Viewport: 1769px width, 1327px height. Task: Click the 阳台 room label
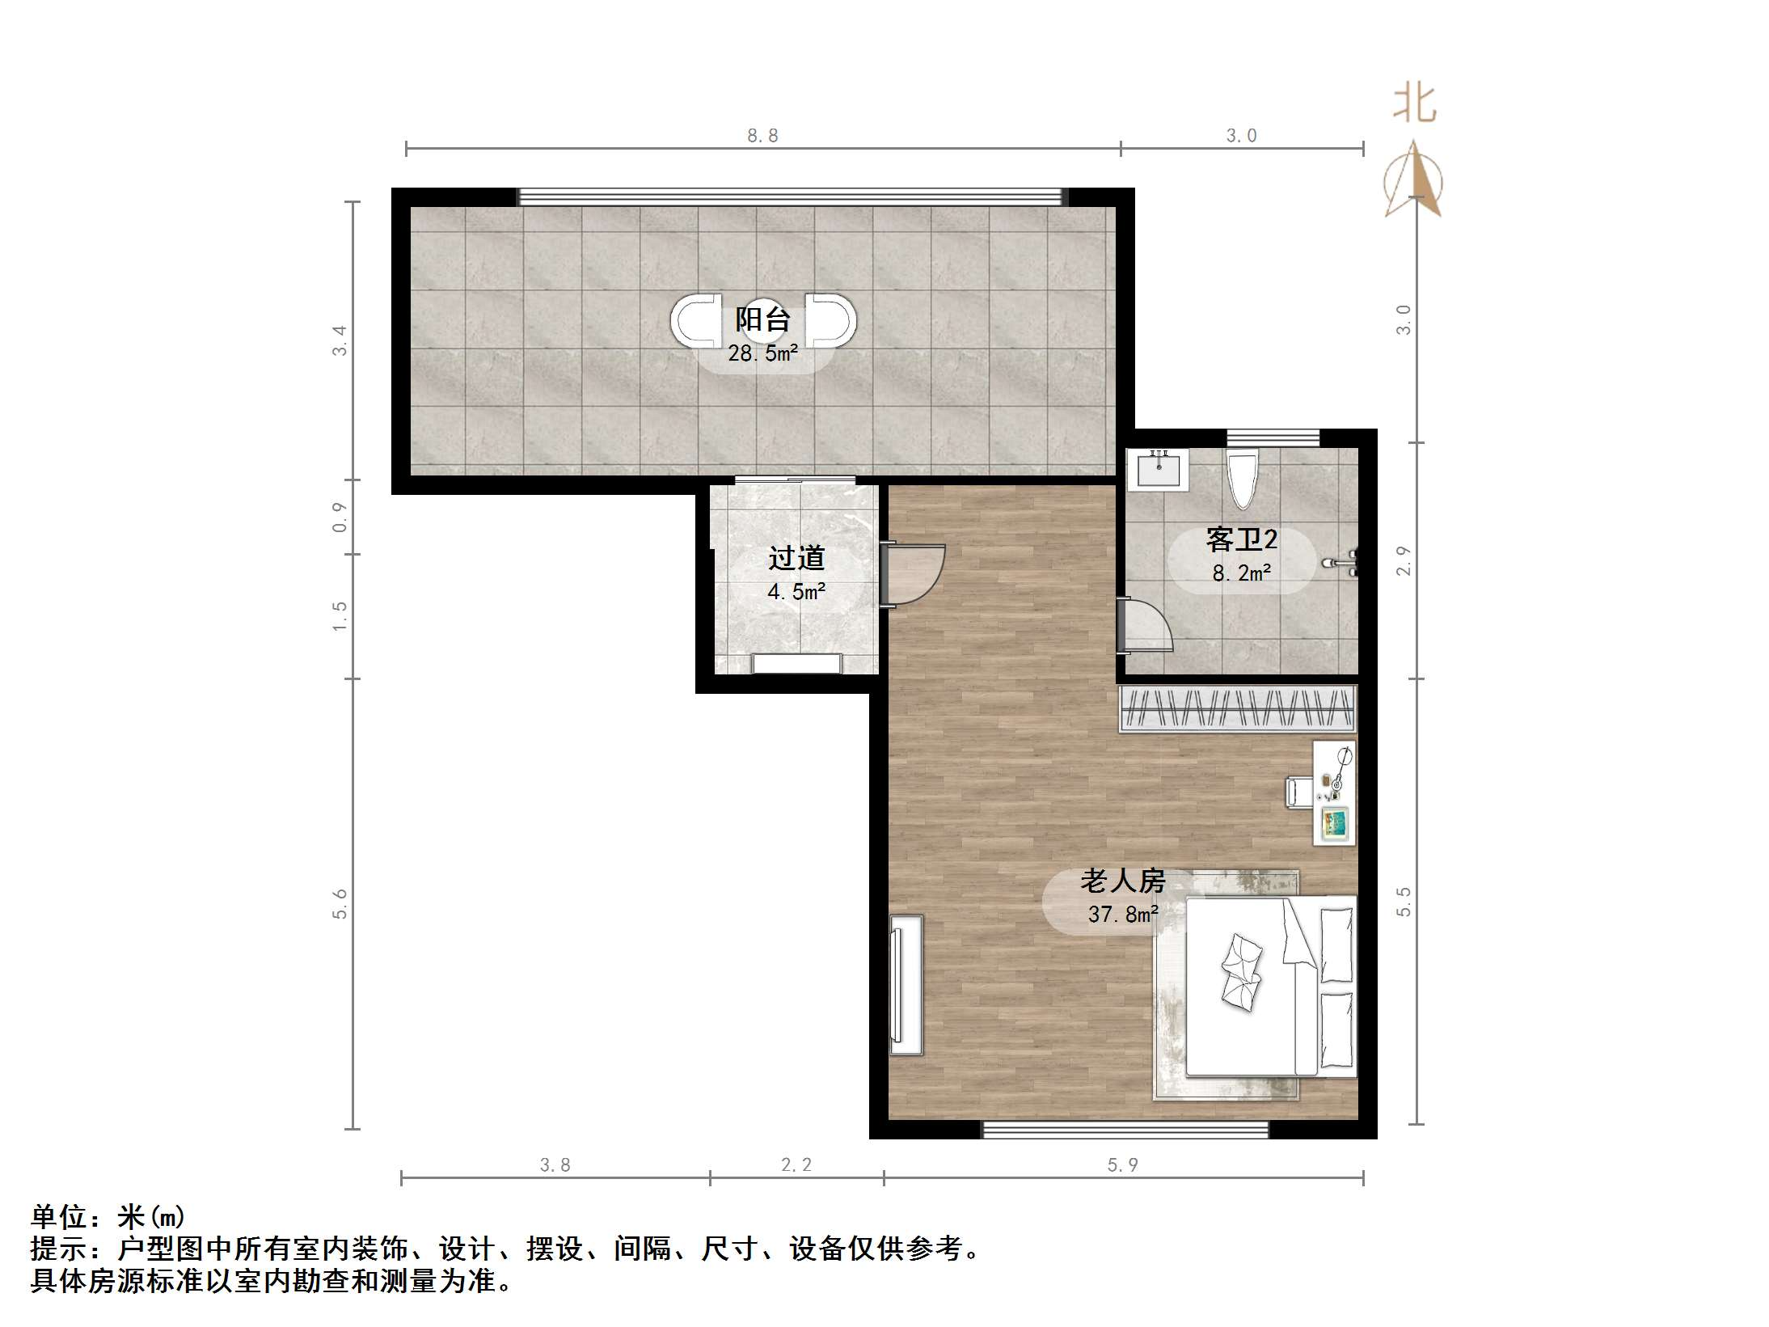762,319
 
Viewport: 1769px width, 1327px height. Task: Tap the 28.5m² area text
762,353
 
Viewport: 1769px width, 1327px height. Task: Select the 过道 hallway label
796,558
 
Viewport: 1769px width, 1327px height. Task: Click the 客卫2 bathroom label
1241,539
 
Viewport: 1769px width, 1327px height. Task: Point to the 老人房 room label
1123,881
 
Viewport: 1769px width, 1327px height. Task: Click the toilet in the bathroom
1242,478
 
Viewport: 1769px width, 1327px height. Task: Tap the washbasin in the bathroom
1158,470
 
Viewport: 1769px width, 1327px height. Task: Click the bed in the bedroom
1269,986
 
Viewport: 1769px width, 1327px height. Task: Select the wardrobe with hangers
1236,708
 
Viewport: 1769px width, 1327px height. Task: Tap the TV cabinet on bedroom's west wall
906,984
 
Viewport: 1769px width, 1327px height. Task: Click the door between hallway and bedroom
914,574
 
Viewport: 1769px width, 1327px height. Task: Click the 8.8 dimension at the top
762,136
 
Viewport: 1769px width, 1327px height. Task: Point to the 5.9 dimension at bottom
1122,1164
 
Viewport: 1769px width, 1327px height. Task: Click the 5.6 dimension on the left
340,903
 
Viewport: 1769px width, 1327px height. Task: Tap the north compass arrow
1412,180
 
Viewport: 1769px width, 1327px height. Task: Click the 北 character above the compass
1414,104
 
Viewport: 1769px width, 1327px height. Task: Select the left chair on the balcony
695,321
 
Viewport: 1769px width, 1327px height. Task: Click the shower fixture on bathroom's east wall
1343,562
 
